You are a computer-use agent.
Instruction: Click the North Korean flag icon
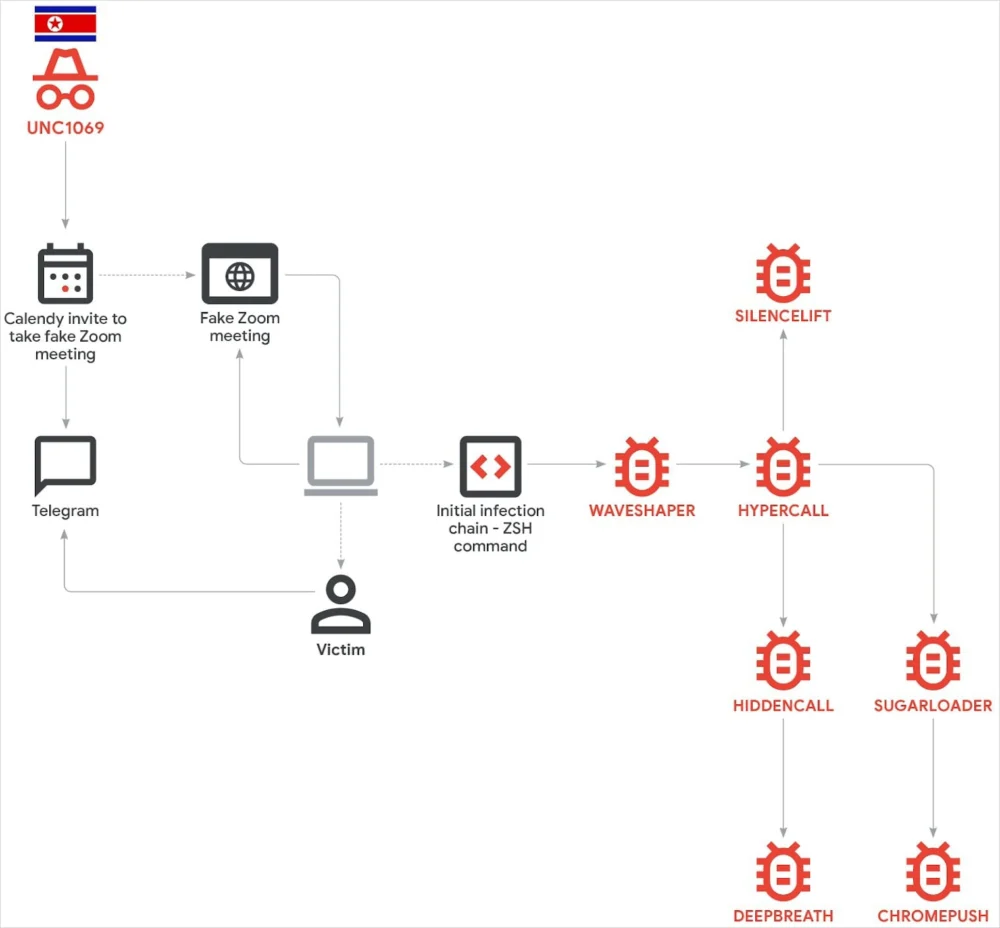tap(65, 23)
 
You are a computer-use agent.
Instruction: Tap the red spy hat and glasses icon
tap(65, 80)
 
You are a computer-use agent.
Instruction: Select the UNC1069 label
tap(65, 128)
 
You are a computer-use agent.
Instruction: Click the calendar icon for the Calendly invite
tap(65, 274)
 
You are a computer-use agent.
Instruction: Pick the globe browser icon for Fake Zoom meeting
tap(240, 274)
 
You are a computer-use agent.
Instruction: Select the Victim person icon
tap(341, 605)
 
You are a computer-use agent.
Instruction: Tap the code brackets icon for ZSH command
tap(490, 466)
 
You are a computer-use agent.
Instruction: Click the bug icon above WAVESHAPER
tap(641, 467)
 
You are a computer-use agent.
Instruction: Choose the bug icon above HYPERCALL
tap(783, 467)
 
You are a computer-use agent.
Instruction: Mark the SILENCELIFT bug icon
tap(783, 273)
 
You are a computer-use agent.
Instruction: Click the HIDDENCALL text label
tap(783, 706)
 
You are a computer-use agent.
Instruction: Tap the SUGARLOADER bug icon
tap(933, 661)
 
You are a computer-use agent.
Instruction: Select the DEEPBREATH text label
tap(783, 915)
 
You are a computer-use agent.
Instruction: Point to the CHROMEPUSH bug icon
tap(933, 871)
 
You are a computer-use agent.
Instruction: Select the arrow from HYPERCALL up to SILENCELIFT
tap(783, 380)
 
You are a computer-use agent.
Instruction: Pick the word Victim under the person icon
tap(341, 650)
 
